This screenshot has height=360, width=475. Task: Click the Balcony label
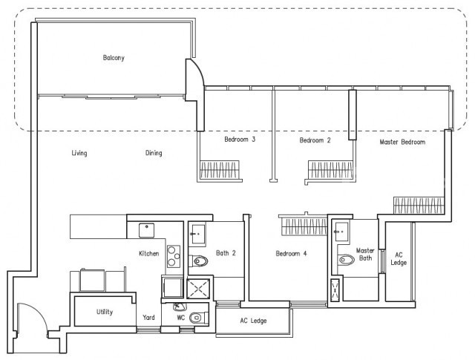114,58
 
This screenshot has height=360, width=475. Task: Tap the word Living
79,153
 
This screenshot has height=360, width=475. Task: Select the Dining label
154,153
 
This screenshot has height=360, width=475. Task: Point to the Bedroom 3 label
240,140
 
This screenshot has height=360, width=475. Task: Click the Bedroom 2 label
315,140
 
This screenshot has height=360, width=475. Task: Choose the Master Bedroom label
402,142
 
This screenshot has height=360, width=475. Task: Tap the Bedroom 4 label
291,253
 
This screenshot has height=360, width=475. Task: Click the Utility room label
105,312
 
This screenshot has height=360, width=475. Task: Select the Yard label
148,317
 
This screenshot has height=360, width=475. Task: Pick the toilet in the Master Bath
346,260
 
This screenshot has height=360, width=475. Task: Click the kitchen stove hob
174,256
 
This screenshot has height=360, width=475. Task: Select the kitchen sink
147,230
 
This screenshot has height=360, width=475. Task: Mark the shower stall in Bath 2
198,289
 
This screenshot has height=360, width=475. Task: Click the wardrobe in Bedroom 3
220,170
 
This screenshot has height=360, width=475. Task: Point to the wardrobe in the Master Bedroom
419,206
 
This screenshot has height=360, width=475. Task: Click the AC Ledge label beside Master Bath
399,259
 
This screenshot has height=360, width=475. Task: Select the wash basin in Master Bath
341,232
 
